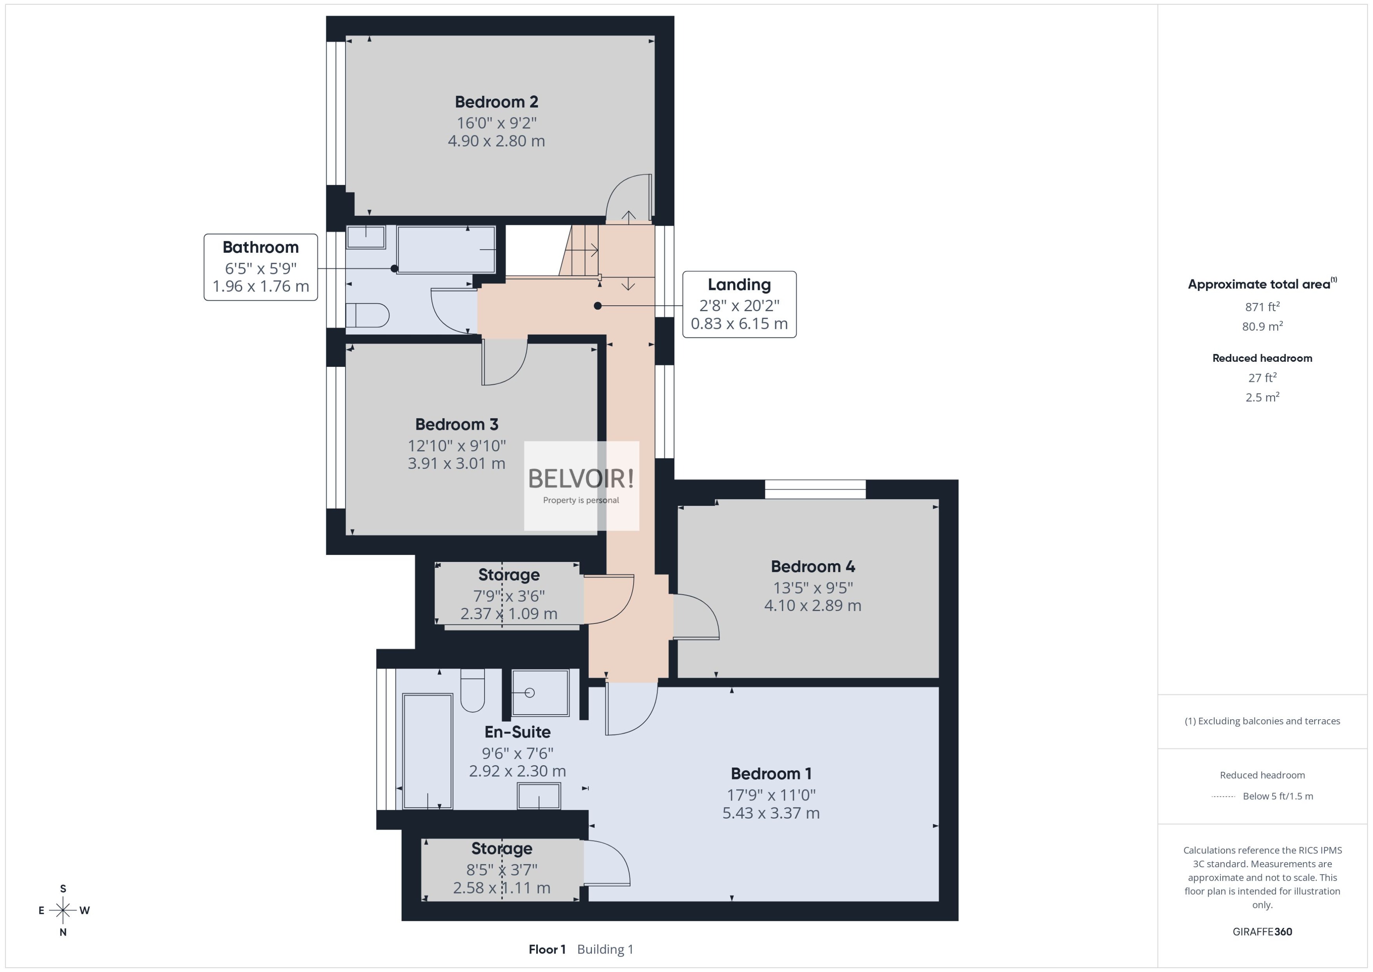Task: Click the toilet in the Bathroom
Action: [367, 315]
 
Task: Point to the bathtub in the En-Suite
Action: [427, 751]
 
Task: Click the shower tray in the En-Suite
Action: [540, 693]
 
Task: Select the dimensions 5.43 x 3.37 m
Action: [770, 813]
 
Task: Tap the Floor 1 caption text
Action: [547, 949]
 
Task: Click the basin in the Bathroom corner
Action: [366, 237]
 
